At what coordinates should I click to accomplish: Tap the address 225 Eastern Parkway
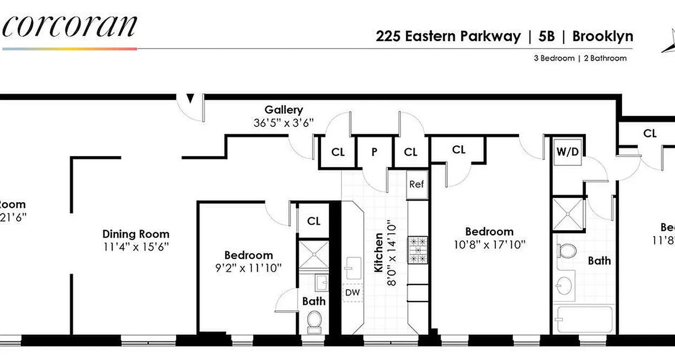coord(448,36)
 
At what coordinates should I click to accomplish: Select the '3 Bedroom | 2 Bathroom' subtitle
coord(580,58)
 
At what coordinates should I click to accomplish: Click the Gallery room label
coord(283,110)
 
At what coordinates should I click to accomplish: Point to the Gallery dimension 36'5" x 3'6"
coord(283,123)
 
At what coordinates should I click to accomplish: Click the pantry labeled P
coord(374,152)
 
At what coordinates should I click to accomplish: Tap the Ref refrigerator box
coord(417,184)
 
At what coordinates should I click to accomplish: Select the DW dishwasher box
coord(352,293)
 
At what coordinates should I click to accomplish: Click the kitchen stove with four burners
coord(418,250)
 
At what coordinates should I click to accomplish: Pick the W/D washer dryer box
coord(568,152)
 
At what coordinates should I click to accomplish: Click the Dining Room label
coord(136,234)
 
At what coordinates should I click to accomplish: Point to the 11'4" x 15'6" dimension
coord(136,247)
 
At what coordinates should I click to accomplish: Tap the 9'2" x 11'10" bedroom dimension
coord(248,267)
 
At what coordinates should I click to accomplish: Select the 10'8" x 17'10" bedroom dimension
coord(489,244)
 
